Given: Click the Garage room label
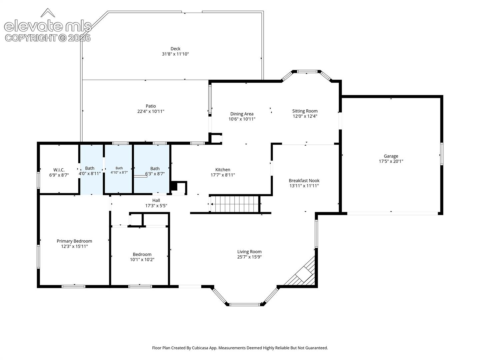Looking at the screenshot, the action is point(391,156).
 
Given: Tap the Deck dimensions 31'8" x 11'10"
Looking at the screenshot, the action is point(175,54).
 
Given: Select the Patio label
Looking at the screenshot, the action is point(151,106).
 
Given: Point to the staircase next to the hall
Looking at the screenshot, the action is point(235,204).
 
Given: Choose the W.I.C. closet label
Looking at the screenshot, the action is point(59,170).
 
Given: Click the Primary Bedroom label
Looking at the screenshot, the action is point(74,241).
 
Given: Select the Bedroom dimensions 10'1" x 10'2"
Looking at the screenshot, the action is point(142,259).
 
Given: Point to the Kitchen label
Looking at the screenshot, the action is point(223,170).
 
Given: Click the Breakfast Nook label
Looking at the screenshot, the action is point(304,181).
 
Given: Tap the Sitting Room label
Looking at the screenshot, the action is point(305,111).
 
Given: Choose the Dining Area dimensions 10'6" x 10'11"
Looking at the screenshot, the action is point(242,119).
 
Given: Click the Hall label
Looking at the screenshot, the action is point(156,200).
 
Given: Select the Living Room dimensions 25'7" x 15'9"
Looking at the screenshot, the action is point(249,257).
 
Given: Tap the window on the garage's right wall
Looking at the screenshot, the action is point(442,154).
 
